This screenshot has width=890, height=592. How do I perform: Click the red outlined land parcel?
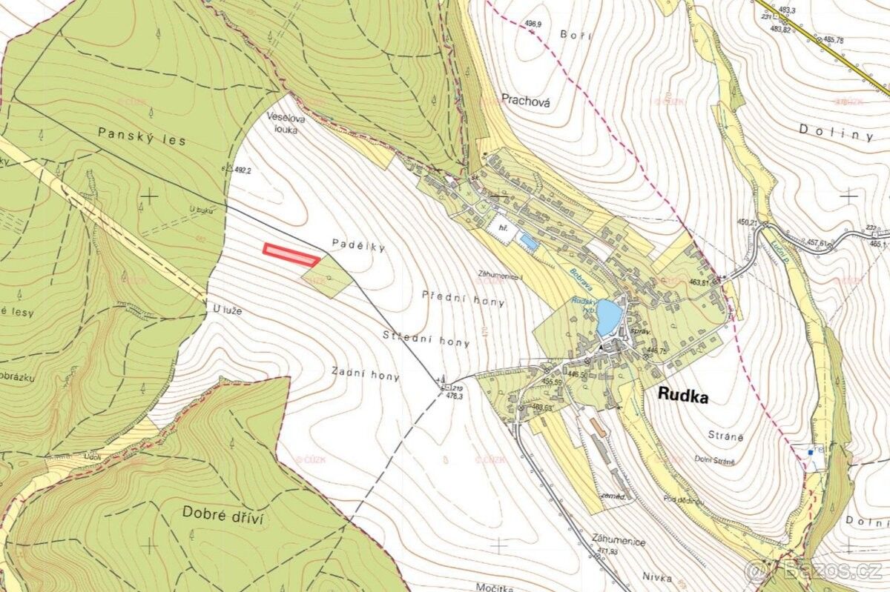tap(291, 254)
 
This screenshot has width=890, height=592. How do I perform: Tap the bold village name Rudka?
tap(683, 397)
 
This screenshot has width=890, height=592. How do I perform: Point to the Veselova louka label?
tap(286, 122)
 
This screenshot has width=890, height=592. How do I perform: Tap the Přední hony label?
tap(463, 298)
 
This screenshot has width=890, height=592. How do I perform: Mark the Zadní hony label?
tap(366, 376)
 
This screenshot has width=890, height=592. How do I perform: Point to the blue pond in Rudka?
tap(608, 318)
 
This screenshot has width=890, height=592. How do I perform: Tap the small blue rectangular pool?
tap(528, 241)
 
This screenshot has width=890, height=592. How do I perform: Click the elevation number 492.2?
tap(243, 170)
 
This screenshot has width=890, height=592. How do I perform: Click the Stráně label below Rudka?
tap(729, 438)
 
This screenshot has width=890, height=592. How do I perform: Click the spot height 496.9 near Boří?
tap(533, 24)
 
